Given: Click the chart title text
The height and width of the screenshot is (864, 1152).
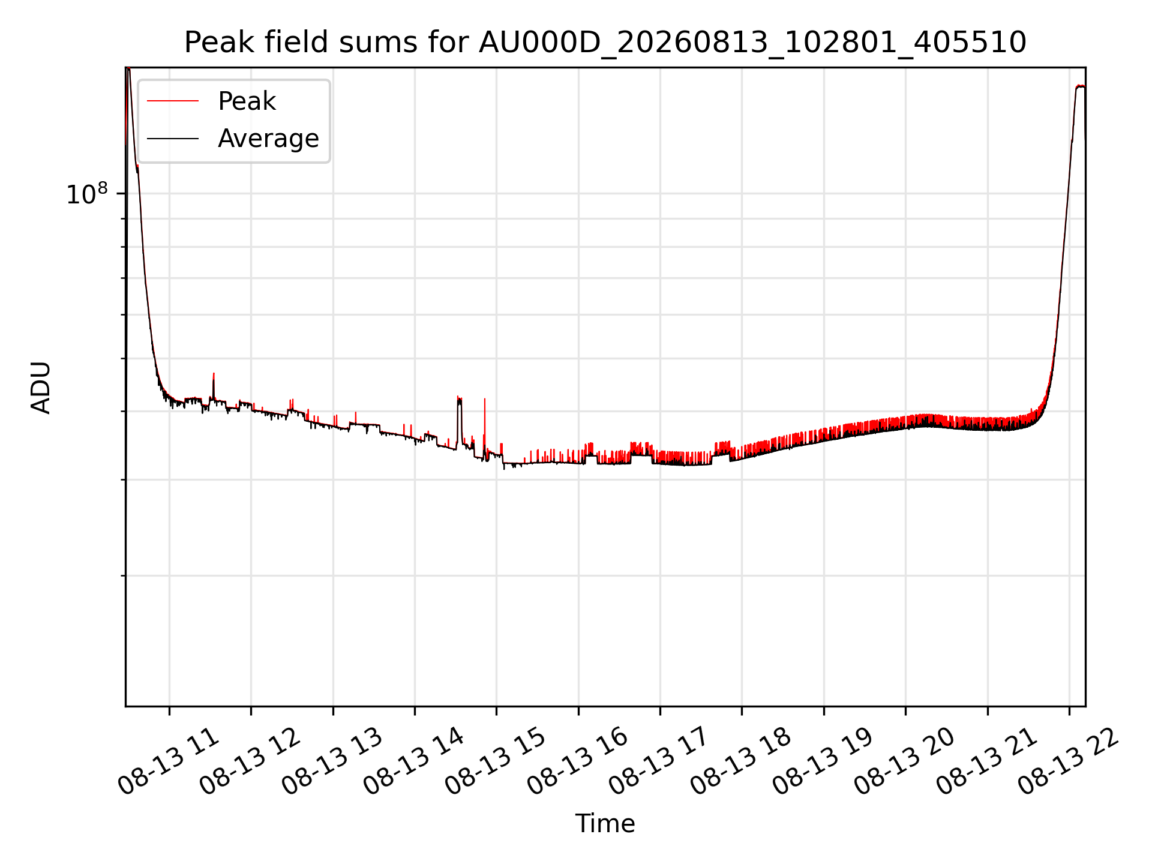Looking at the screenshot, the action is pos(605,43).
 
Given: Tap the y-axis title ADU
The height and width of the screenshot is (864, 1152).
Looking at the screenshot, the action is pos(41,387).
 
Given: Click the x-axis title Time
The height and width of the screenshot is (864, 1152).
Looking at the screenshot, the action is pos(605,824).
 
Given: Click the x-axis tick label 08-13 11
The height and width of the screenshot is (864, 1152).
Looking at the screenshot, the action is pos(169,761).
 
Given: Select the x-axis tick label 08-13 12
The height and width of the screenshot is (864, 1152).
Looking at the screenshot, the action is pos(251,761).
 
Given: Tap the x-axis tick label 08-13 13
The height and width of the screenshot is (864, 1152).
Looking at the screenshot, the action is pos(333,761).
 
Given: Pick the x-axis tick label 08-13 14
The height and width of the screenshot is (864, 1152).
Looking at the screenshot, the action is pos(415,761).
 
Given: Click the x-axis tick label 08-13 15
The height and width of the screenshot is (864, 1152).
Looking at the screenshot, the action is pos(496,761).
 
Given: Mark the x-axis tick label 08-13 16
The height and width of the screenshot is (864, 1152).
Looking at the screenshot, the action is pos(578,761).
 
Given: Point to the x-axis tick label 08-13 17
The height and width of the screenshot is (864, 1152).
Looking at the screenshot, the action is pos(660,761).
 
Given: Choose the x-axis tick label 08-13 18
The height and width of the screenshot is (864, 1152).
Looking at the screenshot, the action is pos(742,761).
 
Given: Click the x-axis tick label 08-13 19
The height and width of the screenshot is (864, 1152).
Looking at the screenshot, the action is pos(824,761).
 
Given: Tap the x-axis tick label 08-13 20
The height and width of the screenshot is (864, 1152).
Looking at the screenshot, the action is pos(905,761).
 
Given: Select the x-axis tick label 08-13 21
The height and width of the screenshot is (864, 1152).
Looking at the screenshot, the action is pos(988,761).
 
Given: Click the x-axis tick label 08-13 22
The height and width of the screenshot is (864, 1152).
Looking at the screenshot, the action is pos(1069,761).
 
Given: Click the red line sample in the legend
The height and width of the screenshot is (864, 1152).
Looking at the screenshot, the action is pos(173,101).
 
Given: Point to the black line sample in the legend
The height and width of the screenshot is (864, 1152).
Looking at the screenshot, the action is pos(173,139).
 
